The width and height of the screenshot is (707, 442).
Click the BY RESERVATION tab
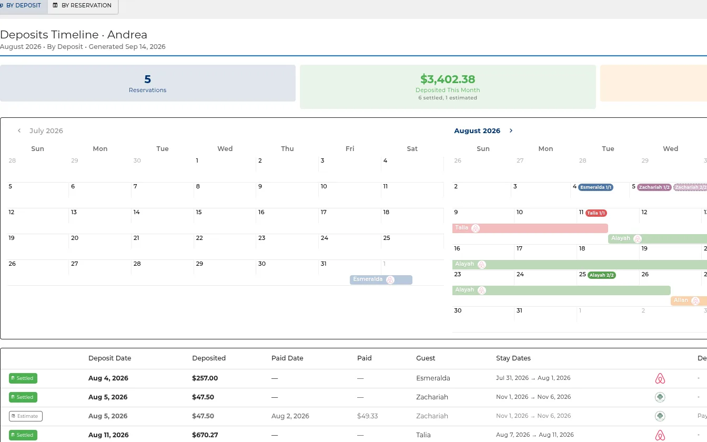coord(83,6)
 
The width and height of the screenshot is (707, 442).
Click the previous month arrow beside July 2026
coord(19,130)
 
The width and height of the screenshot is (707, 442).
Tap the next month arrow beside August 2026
coord(511,130)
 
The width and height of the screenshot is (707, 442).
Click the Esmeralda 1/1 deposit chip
coord(595,187)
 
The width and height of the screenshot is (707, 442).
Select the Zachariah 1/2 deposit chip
coord(654,187)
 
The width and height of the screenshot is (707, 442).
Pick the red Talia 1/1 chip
coord(596,213)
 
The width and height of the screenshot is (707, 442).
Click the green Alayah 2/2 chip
coord(602,275)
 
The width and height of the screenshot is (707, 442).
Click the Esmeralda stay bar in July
coord(381,280)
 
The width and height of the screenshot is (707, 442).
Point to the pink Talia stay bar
coord(530,228)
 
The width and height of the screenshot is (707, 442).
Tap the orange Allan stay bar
coord(689,301)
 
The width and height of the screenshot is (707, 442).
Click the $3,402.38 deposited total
coord(448,79)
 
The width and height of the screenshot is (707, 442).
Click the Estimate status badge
coord(26,416)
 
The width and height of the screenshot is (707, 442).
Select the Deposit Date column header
coord(109,358)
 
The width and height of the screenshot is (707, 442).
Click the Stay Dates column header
coord(513,358)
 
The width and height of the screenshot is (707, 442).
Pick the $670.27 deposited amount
coord(205,435)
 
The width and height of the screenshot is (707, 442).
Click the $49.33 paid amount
coord(367,416)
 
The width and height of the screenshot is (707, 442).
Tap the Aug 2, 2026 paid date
coord(290,416)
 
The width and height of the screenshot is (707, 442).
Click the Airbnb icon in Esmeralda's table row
coord(660,378)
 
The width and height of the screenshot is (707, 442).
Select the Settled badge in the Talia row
coord(23,435)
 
